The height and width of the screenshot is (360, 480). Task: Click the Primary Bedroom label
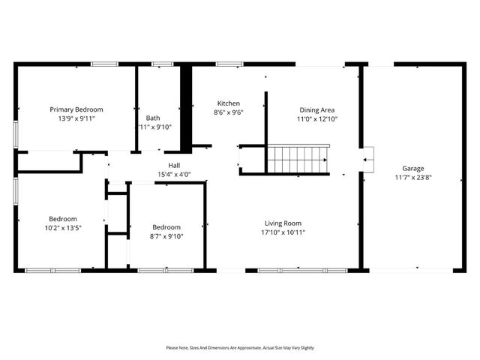click(x=76, y=109)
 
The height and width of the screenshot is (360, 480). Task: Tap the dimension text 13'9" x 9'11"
click(x=76, y=118)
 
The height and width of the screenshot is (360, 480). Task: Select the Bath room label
click(x=153, y=118)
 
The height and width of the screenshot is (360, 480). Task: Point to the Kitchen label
click(x=229, y=103)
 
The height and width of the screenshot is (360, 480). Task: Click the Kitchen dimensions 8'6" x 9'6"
click(x=229, y=113)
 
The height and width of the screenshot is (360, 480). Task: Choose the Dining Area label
click(x=317, y=109)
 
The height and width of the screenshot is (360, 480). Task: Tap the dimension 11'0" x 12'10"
click(x=317, y=118)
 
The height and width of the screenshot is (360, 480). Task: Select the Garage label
click(x=413, y=168)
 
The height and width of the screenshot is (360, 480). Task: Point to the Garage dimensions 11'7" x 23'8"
click(x=413, y=178)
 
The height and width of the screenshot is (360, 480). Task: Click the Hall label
click(x=174, y=165)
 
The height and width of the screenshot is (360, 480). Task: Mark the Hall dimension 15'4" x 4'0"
click(x=174, y=175)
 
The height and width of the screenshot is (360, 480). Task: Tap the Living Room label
click(x=283, y=223)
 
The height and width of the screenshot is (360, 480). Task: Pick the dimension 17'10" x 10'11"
click(x=283, y=232)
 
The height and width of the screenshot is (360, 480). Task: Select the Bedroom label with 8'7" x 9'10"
click(x=166, y=227)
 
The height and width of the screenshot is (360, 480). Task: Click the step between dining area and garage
click(x=368, y=158)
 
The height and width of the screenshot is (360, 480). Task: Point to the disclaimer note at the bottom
click(x=240, y=348)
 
